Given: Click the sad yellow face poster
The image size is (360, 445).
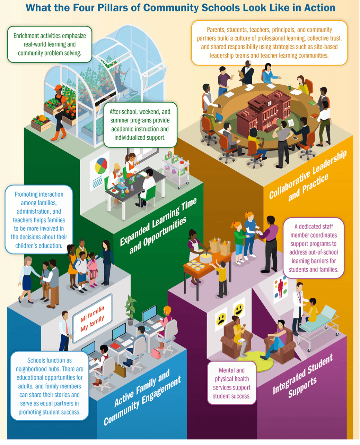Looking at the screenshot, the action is pyautogui.click(x=221, y=319).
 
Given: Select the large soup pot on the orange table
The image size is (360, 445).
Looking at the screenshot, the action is pyautogui.click(x=205, y=257).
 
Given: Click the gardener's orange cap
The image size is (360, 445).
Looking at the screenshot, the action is pyautogui.click(x=58, y=87).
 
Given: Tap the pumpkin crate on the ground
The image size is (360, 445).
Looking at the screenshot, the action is pyautogui.click(x=41, y=123).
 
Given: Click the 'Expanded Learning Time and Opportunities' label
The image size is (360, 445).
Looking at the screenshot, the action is pyautogui.click(x=158, y=226).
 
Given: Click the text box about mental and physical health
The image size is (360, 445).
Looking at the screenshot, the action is pyautogui.click(x=232, y=383).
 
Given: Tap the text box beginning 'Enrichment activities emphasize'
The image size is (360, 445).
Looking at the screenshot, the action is pyautogui.click(x=50, y=44).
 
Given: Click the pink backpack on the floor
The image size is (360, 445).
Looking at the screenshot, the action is pyautogui.click(x=156, y=353).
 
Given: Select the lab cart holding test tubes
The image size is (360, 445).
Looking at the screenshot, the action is pyautogui.click(x=176, y=169).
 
